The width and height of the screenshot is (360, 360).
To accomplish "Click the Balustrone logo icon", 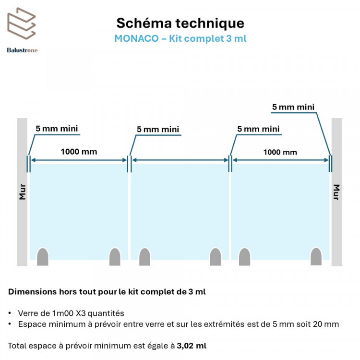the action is [22, 24].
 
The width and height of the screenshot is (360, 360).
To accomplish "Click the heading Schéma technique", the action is [180, 23].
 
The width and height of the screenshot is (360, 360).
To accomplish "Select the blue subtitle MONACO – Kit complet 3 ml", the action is [180, 38].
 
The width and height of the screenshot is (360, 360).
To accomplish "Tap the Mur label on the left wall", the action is [22, 192].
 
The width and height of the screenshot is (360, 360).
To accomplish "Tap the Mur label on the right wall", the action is [336, 192].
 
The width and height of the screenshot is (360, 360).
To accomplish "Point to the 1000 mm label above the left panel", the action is [79, 152].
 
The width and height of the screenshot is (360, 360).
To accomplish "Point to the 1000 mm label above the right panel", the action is [280, 152].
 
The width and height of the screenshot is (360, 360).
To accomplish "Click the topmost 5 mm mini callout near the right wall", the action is [293, 107].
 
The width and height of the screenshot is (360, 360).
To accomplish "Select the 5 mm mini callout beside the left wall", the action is [57, 129].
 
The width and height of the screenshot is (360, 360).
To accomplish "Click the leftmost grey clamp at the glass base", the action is [43, 257].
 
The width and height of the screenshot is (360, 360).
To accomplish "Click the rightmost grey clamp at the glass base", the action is [316, 256].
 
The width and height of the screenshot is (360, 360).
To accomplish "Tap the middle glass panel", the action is [180, 212].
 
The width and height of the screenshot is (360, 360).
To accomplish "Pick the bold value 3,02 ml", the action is [192, 346].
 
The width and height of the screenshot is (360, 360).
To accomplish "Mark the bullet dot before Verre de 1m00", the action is [10, 313].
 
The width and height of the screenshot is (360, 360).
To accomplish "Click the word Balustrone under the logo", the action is [22, 50].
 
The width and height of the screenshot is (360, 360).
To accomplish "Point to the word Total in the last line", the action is [17, 346].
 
